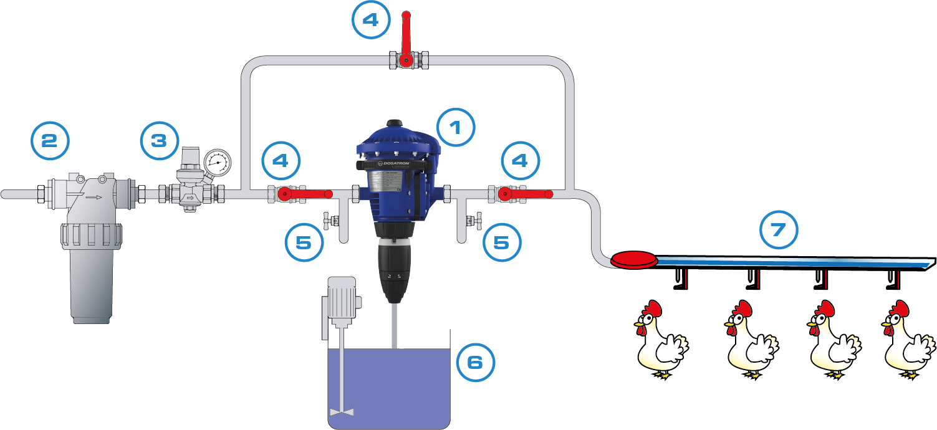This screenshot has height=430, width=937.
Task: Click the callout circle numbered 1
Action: [456, 128]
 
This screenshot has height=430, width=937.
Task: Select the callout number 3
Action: [159, 141]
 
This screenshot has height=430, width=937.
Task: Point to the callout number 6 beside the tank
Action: [475, 361]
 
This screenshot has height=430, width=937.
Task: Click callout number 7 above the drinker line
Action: [779, 230]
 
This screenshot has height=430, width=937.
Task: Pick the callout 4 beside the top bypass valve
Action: [370, 20]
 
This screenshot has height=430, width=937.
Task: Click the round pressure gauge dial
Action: [217, 163]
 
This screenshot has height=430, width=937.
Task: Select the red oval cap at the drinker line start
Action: [634, 260]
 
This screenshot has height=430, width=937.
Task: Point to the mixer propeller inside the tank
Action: [341, 412]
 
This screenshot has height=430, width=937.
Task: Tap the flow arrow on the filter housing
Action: [94, 197]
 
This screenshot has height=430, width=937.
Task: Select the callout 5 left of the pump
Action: [304, 242]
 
